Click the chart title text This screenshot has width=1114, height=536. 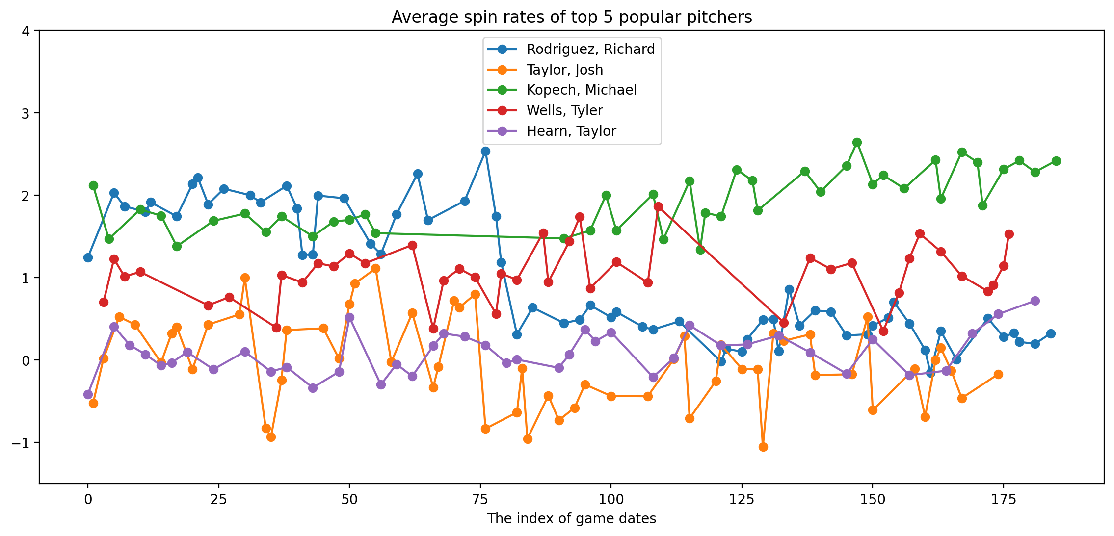click(x=572, y=17)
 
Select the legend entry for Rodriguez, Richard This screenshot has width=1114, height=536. click(x=590, y=49)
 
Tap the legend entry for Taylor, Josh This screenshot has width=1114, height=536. click(x=564, y=70)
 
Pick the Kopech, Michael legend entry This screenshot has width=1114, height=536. click(x=582, y=90)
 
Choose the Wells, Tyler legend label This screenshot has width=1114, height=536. click(x=564, y=111)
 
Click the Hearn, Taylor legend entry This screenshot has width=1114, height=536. click(x=571, y=131)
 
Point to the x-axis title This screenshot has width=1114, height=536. click(x=572, y=519)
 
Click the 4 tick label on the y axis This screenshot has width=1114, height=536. click(x=26, y=31)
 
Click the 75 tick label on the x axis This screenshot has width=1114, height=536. click(x=480, y=500)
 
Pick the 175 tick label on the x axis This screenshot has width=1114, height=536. click(x=1003, y=500)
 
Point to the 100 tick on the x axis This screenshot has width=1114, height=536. click(x=611, y=500)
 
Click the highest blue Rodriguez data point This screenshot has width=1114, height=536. click(x=485, y=151)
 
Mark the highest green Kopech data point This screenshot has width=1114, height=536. click(x=857, y=142)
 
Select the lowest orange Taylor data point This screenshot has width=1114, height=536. click(x=763, y=447)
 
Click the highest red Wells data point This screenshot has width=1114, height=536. click(x=658, y=206)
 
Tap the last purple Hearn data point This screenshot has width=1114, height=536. click(x=1035, y=301)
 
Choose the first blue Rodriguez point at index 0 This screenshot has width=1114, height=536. click(x=88, y=257)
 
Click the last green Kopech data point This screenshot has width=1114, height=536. click(x=1056, y=161)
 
